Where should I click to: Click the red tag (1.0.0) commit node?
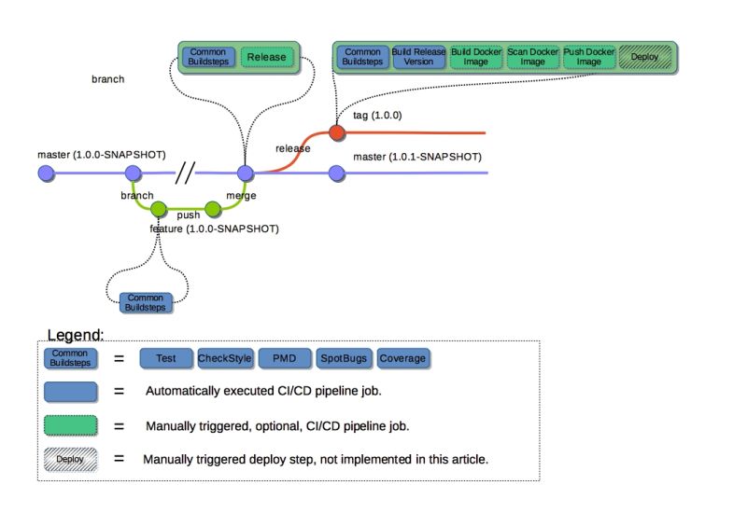(x=337, y=132)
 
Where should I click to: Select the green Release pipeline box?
(x=267, y=57)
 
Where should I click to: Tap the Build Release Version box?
(x=418, y=57)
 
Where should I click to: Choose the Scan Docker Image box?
(x=532, y=57)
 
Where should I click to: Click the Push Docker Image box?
(x=589, y=57)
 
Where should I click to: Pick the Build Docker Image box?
(x=475, y=57)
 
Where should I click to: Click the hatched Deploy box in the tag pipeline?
(x=645, y=57)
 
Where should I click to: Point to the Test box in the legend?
(x=166, y=358)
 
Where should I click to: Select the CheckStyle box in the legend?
(x=225, y=358)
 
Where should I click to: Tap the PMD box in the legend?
(x=285, y=358)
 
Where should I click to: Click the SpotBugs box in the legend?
(x=344, y=358)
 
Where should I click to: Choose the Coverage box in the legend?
(x=402, y=358)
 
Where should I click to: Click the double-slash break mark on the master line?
(x=185, y=173)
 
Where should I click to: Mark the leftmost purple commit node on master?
(x=46, y=173)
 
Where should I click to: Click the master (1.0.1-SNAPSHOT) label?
(x=417, y=157)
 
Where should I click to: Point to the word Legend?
(x=76, y=335)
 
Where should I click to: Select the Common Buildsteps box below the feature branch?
(x=146, y=303)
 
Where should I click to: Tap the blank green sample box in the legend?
(x=71, y=425)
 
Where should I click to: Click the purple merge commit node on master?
(x=246, y=173)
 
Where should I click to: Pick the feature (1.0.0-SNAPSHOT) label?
(x=215, y=229)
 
